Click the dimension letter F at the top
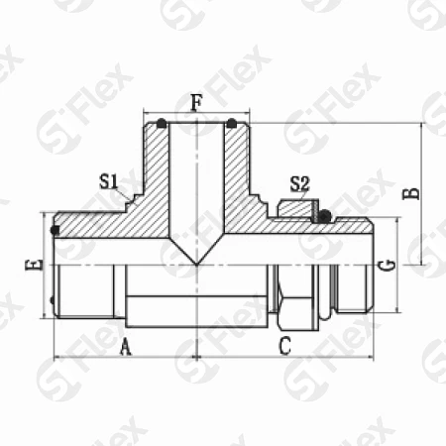[196, 102]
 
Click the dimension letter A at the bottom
[125, 347]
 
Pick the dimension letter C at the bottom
[284, 346]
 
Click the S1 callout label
[109, 181]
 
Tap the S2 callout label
[300, 184]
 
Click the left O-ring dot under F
[162, 123]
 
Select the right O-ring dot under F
[232, 123]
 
